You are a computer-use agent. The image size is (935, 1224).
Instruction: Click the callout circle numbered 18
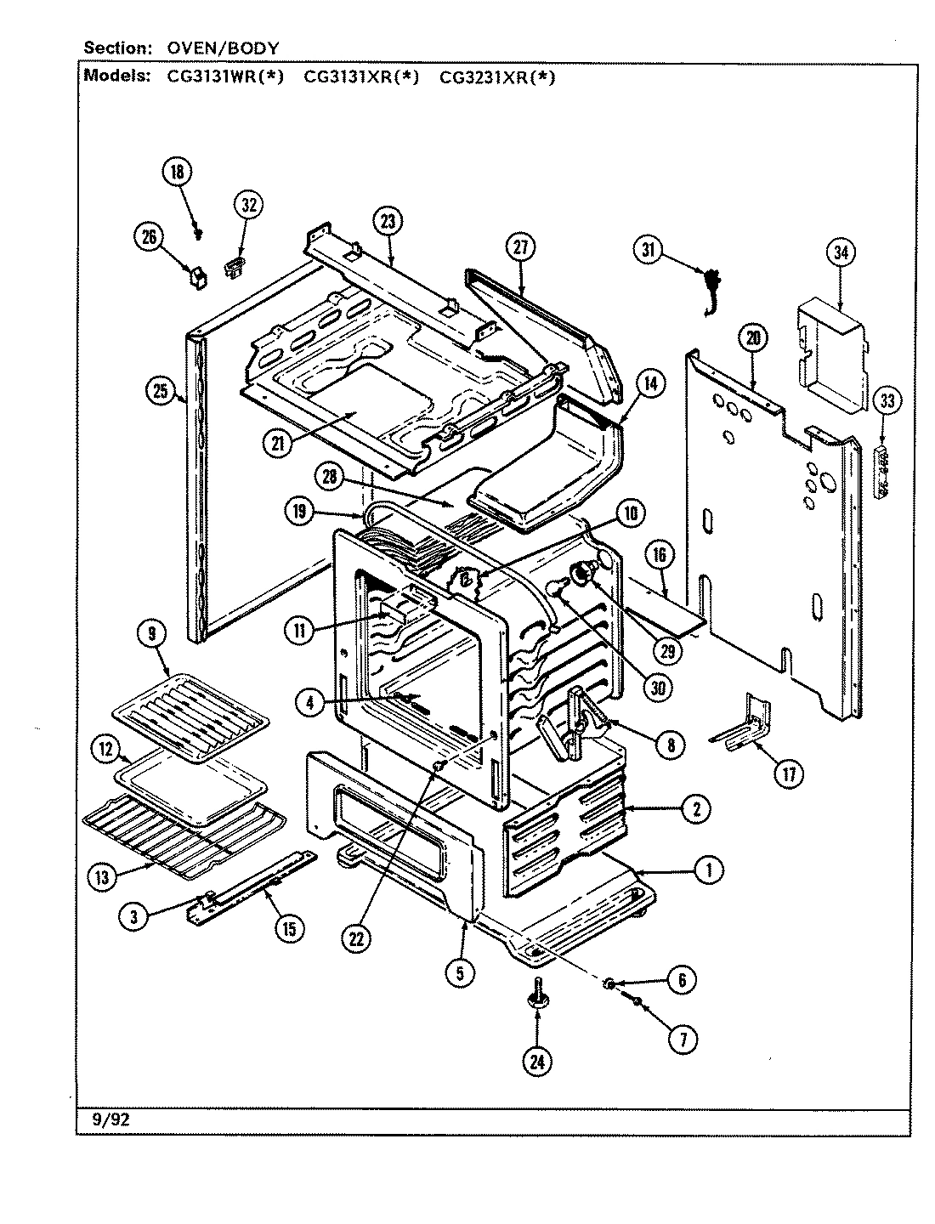pyautogui.click(x=177, y=173)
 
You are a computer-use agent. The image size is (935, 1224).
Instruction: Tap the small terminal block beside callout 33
pyautogui.click(x=884, y=469)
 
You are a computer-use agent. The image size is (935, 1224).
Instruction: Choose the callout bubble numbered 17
pyautogui.click(x=790, y=773)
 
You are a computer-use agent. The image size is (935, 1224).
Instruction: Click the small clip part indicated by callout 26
pyautogui.click(x=198, y=277)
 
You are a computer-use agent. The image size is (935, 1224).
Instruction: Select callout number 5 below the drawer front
pyautogui.click(x=459, y=975)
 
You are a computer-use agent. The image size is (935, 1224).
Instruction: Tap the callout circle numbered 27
pyautogui.click(x=521, y=247)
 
